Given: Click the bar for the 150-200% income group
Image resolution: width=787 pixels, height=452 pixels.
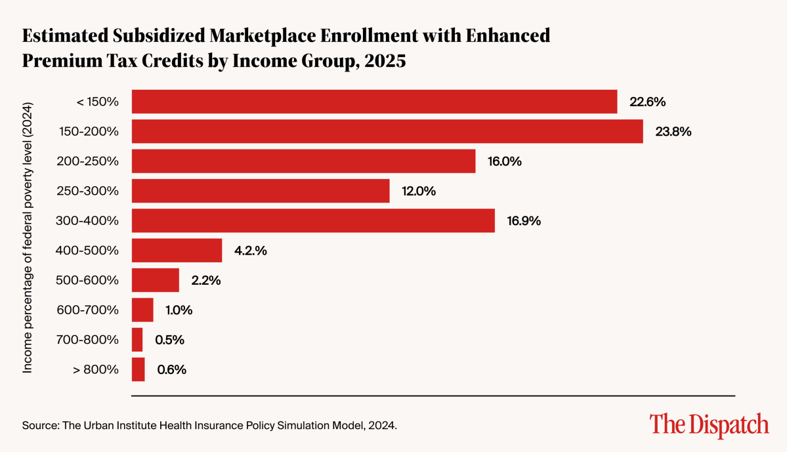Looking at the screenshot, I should pyautogui.click(x=387, y=131).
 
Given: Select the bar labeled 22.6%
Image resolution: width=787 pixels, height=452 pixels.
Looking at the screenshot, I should pyautogui.click(x=374, y=102).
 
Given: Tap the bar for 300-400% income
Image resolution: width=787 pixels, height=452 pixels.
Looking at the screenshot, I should pyautogui.click(x=313, y=220).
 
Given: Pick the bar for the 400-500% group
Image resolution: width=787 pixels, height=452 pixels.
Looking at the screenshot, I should pyautogui.click(x=177, y=251).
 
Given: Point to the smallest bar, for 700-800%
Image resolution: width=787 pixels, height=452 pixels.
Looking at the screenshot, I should pyautogui.click(x=137, y=340).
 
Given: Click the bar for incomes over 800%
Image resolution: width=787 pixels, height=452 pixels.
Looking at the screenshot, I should pyautogui.click(x=138, y=369).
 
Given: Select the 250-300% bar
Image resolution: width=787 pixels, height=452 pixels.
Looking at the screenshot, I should pyautogui.click(x=261, y=191).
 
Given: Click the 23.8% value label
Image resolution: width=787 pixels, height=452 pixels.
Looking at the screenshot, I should pyautogui.click(x=673, y=131).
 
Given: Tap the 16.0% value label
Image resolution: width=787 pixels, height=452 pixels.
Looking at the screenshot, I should pyautogui.click(x=505, y=161).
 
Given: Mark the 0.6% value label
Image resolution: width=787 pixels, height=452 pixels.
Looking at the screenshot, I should pyautogui.click(x=171, y=369).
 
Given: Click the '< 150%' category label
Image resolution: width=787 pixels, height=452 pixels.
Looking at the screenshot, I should pyautogui.click(x=97, y=102).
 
